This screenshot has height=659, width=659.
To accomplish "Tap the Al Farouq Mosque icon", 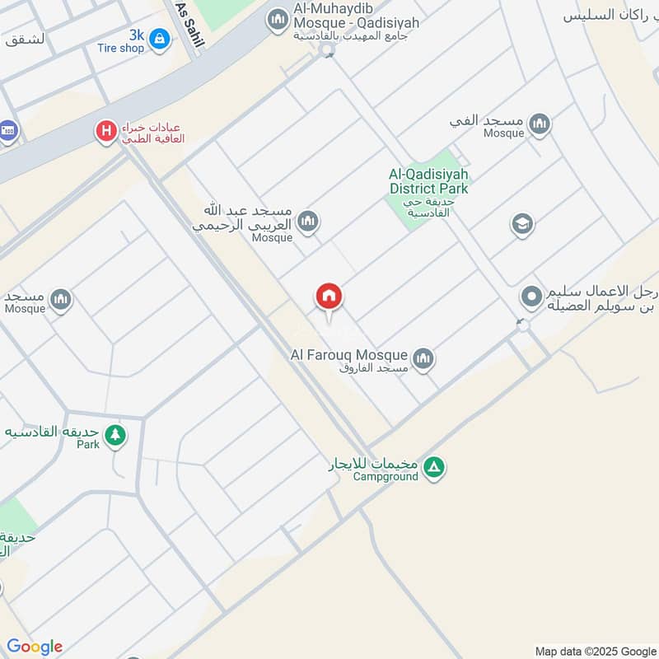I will (x=423, y=358).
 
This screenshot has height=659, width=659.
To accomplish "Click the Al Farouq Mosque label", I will (x=350, y=355).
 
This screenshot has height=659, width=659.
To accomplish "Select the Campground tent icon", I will (x=434, y=469).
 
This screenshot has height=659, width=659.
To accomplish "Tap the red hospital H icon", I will (x=105, y=130).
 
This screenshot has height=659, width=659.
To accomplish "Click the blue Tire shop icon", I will (x=159, y=38).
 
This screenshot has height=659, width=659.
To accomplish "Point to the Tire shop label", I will (x=120, y=49).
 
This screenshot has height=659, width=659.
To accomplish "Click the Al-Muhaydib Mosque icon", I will (x=278, y=18).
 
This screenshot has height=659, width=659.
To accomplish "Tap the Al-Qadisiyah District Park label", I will (x=428, y=182).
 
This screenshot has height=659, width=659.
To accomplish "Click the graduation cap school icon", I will (x=521, y=224).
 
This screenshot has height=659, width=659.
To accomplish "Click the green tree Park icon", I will (x=115, y=434).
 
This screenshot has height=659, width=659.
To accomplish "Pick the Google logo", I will (x=34, y=647).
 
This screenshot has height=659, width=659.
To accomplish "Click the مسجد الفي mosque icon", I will (x=540, y=124).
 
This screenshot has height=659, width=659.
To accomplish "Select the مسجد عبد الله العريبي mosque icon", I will (x=308, y=222).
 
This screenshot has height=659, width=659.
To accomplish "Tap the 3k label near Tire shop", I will (x=136, y=35).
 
